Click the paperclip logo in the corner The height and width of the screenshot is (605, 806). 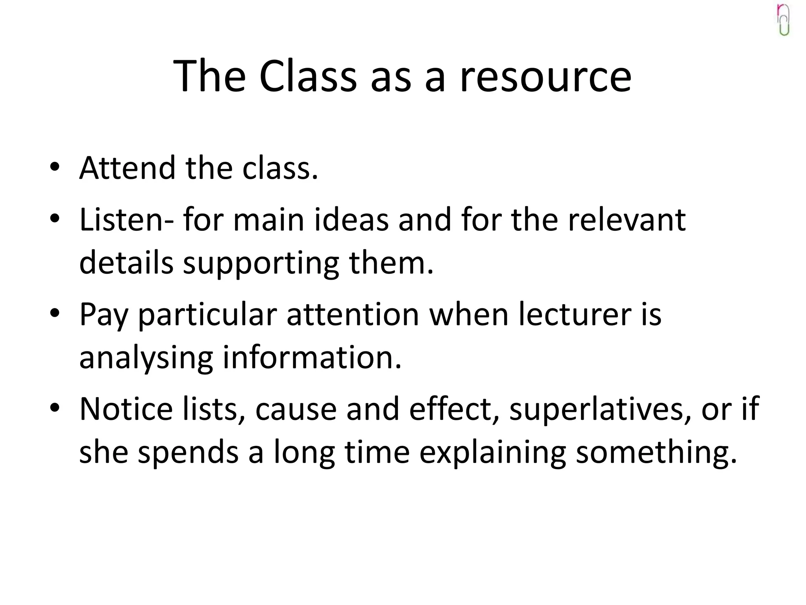tap(783, 20)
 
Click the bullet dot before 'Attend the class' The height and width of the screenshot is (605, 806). tap(55, 167)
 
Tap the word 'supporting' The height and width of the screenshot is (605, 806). tap(261, 263)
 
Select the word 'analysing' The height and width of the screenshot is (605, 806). tap(146, 358)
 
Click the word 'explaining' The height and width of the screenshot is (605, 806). tap(492, 452)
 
